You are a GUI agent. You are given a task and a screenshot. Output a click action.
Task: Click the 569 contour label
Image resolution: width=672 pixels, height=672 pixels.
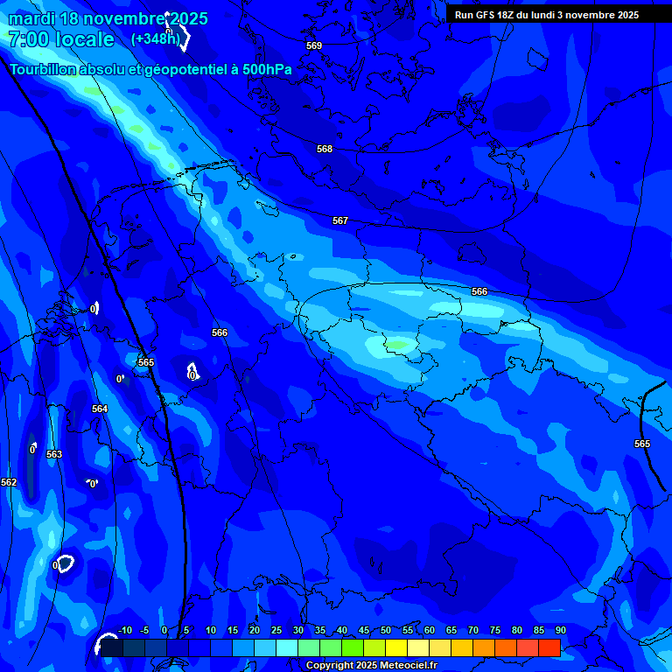314,45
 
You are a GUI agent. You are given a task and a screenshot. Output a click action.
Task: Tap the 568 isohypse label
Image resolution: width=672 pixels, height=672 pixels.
325,150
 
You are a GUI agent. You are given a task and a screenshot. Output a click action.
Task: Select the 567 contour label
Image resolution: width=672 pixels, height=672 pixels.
340,221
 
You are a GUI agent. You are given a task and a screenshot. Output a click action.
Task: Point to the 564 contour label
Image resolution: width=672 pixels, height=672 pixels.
100,409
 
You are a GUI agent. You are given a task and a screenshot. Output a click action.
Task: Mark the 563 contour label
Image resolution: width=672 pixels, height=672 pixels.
54,455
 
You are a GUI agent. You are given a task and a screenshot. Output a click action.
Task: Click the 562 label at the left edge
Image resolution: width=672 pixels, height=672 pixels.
9,483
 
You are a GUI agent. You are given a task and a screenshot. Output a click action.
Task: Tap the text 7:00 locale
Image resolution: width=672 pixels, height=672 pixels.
61,39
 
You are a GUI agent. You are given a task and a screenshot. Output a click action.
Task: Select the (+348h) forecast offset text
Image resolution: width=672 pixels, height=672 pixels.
156,39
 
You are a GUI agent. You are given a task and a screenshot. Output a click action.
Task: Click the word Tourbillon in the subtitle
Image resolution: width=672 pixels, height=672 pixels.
44,70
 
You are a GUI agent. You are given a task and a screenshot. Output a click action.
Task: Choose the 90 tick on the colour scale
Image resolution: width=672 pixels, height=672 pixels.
560,631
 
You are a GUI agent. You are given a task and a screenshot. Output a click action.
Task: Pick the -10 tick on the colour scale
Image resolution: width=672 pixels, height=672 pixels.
124,631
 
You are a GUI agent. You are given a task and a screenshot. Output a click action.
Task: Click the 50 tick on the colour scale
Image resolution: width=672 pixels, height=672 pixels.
386,631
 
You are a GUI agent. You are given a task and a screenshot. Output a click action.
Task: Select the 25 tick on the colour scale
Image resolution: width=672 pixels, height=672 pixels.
276,631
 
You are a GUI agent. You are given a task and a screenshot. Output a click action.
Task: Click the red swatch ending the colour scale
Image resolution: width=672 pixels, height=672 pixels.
549,647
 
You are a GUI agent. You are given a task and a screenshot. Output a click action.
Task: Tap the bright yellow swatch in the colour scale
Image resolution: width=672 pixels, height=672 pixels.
395,647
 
